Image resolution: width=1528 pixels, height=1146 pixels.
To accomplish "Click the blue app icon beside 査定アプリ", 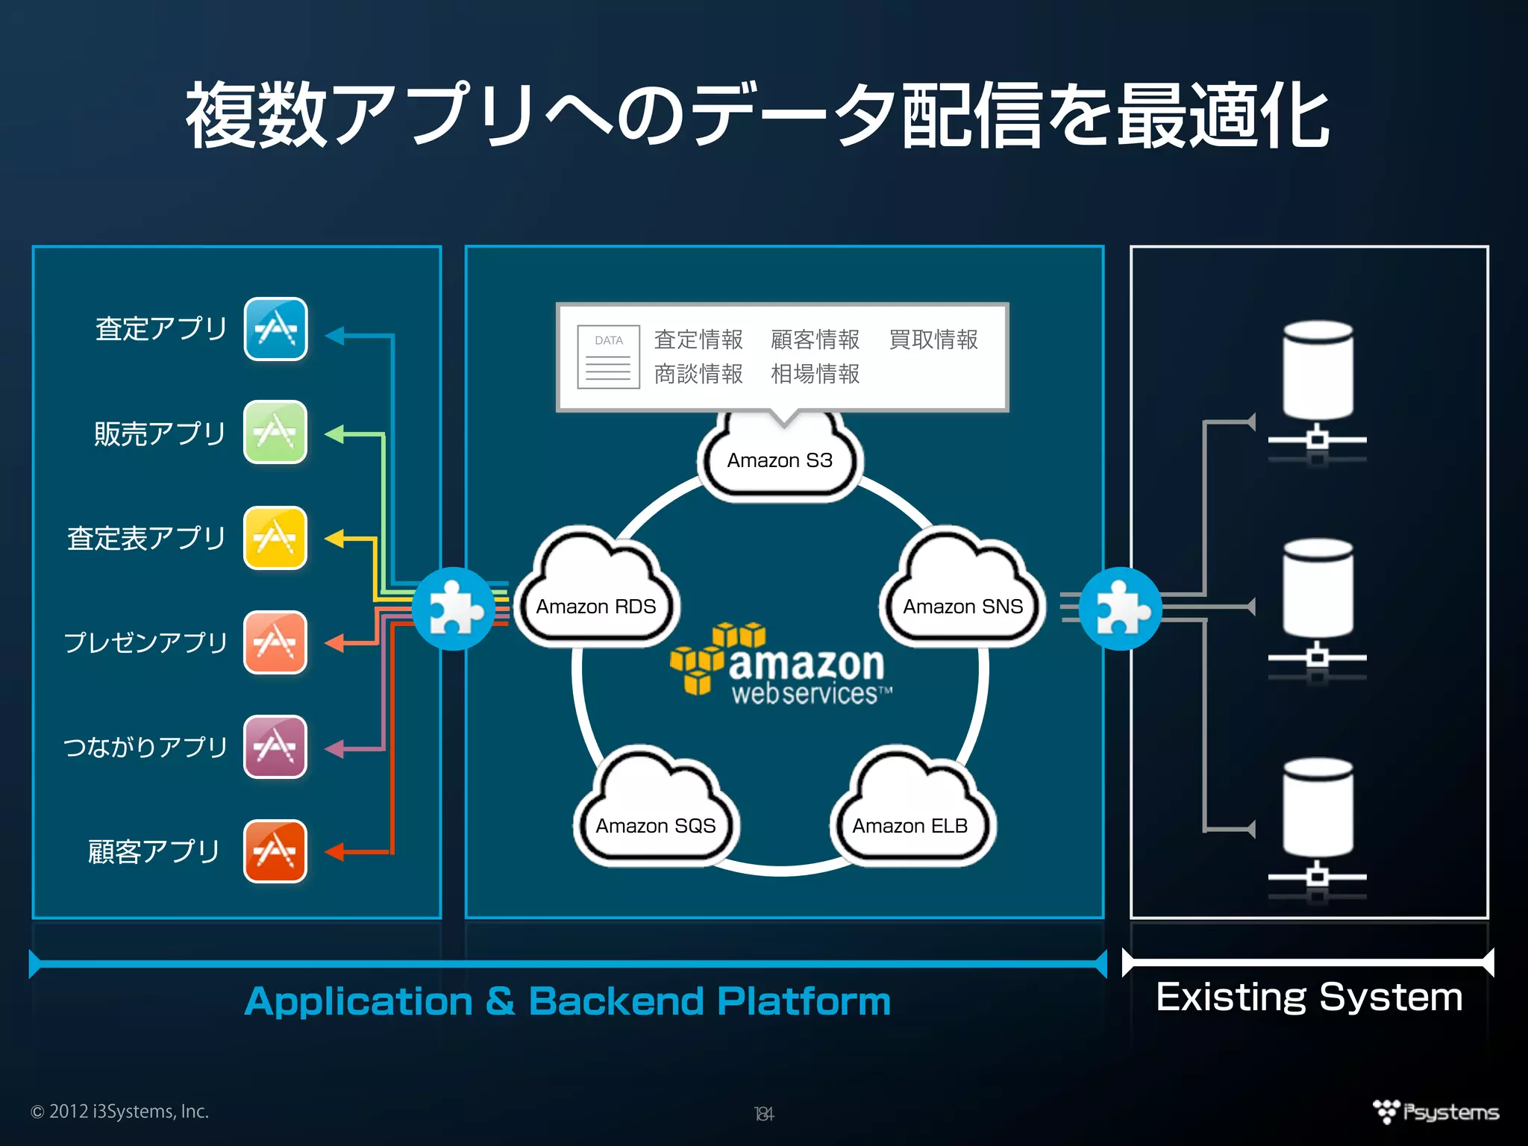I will click(275, 329).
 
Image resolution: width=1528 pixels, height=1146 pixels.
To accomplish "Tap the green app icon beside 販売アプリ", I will click(275, 432).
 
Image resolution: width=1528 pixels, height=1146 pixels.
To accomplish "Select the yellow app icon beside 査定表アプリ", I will click(275, 537).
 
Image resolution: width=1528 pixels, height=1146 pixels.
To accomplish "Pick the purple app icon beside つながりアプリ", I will click(275, 746).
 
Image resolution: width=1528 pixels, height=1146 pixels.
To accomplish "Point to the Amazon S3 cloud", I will click(780, 457).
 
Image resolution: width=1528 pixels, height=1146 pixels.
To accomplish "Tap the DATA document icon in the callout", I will click(608, 357).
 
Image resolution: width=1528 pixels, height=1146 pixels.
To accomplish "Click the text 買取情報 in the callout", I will click(933, 339).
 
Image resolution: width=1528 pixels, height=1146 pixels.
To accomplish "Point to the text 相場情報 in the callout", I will click(815, 374).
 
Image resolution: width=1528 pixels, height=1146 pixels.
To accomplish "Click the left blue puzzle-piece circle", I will click(453, 609).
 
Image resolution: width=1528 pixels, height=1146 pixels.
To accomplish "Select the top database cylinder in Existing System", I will click(1318, 370).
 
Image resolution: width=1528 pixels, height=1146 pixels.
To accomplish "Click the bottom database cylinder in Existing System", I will click(1318, 807).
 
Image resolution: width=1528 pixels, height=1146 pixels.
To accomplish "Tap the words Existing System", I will click(1309, 998).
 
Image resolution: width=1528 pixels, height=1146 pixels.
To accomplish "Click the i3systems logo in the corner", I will click(1435, 1112).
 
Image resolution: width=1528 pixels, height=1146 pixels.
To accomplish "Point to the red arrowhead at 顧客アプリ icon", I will click(334, 851).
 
